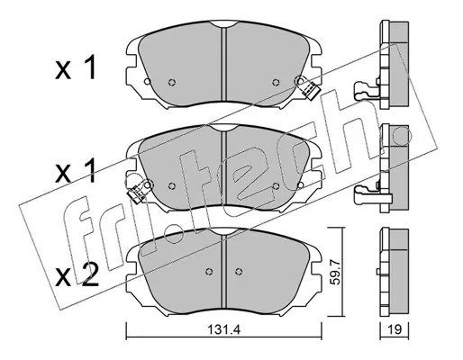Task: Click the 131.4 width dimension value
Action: [224, 330]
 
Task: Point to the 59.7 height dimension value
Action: [336, 272]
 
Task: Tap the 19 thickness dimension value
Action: [395, 330]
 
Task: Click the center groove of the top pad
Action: [223, 64]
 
